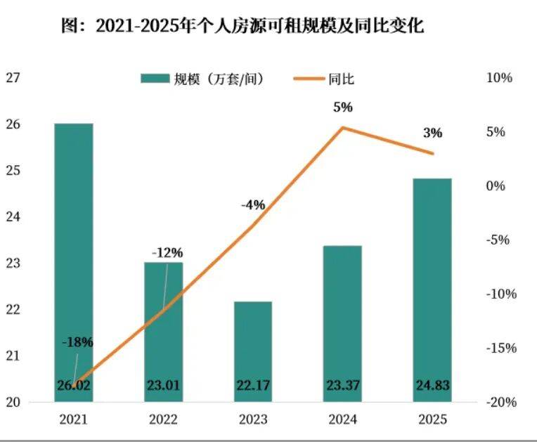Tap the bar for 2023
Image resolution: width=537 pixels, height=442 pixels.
tap(253, 351)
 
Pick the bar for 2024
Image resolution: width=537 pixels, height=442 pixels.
tap(342, 323)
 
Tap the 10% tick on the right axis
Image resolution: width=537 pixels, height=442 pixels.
tap(500, 78)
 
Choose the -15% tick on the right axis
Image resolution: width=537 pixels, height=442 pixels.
tap(498, 348)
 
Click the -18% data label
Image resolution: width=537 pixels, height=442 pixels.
tap(77, 342)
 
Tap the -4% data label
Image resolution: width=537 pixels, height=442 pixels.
tap(252, 205)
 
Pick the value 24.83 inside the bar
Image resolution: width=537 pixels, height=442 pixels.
tap(432, 384)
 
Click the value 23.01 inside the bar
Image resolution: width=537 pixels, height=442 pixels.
tap(163, 384)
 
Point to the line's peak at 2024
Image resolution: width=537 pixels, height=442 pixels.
tap(342, 128)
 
